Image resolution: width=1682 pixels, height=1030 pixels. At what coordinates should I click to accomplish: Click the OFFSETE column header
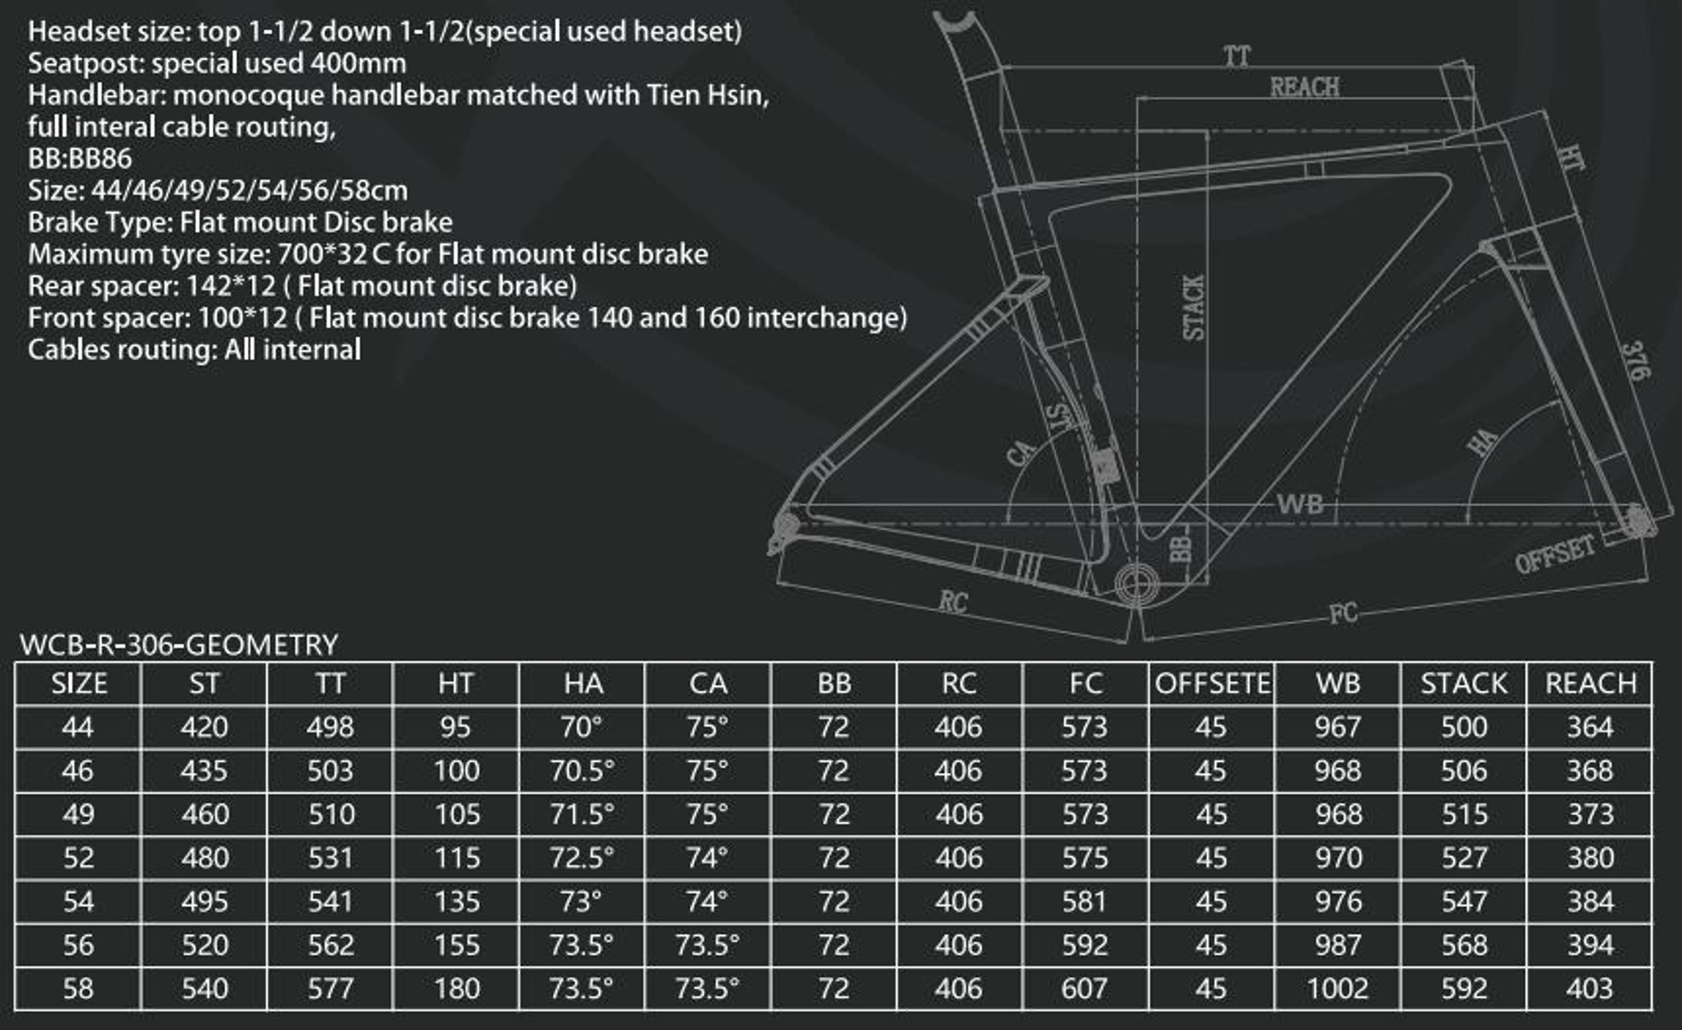tap(1212, 684)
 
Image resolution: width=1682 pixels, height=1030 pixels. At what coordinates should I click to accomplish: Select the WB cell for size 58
tap(1337, 988)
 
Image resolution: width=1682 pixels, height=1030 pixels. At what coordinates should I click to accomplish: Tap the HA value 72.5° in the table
tap(582, 857)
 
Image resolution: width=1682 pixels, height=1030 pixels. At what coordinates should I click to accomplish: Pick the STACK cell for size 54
tap(1464, 901)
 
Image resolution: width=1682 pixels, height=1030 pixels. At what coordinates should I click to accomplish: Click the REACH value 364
tap(1590, 727)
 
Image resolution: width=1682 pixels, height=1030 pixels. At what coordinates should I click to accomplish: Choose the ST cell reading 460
tap(205, 813)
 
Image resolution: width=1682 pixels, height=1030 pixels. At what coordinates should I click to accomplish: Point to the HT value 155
tap(456, 945)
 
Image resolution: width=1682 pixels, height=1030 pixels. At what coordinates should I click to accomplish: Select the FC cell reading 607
tap(1085, 988)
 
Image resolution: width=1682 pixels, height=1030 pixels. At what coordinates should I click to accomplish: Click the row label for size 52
tap(78, 857)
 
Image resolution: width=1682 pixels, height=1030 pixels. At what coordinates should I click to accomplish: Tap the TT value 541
tap(331, 901)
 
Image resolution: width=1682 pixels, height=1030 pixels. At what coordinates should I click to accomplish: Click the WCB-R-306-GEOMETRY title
tap(179, 645)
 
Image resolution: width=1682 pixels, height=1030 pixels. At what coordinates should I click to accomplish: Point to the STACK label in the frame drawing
tap(1193, 308)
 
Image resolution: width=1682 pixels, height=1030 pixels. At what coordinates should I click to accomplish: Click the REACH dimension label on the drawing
tap(1305, 87)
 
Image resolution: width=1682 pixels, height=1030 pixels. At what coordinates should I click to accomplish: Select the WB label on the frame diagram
tap(1300, 504)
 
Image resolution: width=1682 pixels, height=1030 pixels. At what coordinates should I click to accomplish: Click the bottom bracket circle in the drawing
tap(1137, 584)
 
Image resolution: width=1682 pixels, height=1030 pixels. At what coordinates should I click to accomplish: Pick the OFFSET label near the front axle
tap(1554, 553)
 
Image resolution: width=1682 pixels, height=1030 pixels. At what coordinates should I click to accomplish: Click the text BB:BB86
tap(80, 159)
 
